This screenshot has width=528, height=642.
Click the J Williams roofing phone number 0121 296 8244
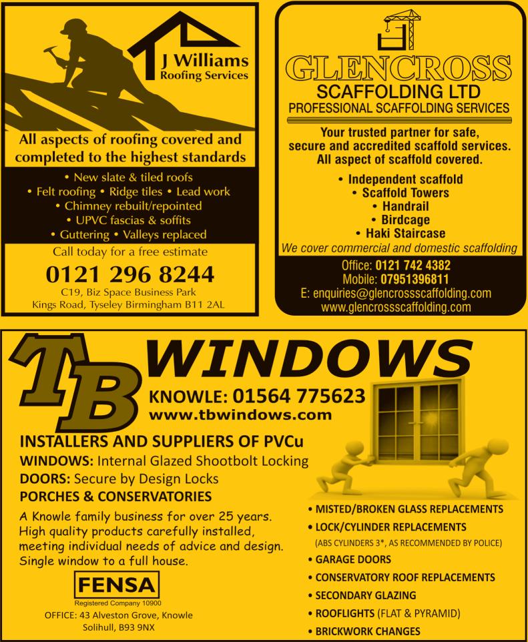130,274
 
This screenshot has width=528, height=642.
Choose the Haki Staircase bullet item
399,233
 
